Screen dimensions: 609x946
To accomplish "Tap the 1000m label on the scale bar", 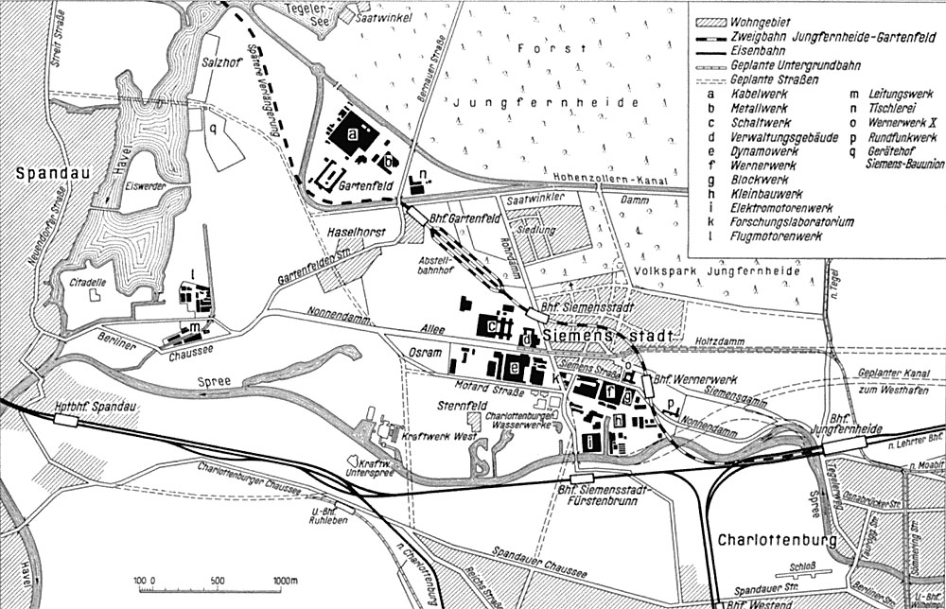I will point(283,580).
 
